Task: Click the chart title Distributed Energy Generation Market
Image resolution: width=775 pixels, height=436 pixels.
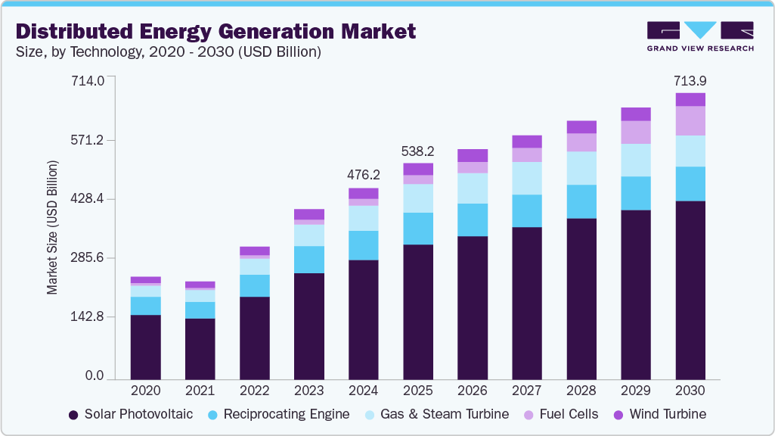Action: tap(215, 31)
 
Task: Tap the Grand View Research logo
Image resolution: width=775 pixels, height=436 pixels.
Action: tap(699, 36)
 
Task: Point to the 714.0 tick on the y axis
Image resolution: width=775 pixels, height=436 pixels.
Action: tap(88, 81)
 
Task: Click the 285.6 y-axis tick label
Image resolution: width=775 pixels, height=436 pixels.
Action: tap(88, 258)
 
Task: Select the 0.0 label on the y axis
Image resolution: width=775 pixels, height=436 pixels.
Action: tap(94, 376)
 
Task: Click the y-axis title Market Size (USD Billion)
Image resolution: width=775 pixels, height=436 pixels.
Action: tap(52, 227)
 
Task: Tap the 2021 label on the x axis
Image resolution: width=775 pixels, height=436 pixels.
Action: tap(200, 391)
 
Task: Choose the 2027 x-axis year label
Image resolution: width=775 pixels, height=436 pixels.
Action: tap(527, 391)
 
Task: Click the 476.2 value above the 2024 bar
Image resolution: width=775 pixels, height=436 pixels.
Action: tap(363, 175)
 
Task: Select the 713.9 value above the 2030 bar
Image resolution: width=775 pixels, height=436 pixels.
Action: tap(690, 80)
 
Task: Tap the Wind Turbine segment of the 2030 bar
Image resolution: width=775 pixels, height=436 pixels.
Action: tap(690, 99)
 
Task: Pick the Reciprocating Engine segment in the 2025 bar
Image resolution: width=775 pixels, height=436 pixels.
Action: tap(418, 229)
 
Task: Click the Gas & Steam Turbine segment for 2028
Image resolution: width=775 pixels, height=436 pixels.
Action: tap(581, 168)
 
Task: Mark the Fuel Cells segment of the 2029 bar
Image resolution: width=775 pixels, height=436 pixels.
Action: tap(636, 132)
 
